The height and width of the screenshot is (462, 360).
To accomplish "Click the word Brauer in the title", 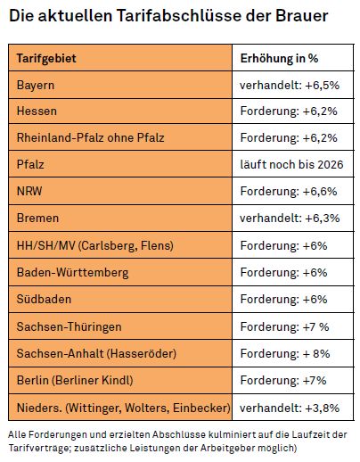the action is [x=302, y=15].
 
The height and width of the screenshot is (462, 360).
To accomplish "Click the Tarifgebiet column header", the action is [x=46, y=58].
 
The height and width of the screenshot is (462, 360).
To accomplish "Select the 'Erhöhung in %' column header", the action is [x=279, y=58].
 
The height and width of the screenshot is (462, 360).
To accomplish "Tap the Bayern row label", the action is [x=36, y=86].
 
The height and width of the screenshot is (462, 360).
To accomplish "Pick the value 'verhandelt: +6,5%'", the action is [x=290, y=86].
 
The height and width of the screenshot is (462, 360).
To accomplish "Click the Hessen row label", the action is [x=37, y=111].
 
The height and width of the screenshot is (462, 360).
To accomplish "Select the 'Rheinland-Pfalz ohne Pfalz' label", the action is [x=91, y=137].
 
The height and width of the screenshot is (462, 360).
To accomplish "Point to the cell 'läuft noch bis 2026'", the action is [x=291, y=164].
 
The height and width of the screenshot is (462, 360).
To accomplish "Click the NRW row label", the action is [x=29, y=191].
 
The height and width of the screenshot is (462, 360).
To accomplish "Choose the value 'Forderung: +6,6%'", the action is [x=289, y=191].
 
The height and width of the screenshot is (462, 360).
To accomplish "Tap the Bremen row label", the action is [x=37, y=218].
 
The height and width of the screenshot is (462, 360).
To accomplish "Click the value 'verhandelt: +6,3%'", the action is [x=290, y=219].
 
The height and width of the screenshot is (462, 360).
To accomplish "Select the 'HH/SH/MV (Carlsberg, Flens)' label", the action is [x=95, y=245].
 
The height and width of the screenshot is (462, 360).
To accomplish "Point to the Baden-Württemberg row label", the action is [x=73, y=273].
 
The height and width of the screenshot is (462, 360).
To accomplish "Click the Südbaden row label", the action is [x=44, y=299].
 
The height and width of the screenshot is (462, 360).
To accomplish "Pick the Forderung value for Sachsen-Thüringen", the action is [x=284, y=327].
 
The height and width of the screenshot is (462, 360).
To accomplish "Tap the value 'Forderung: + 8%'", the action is [x=285, y=354].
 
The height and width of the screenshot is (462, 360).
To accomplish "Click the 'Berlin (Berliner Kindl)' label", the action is [x=75, y=380].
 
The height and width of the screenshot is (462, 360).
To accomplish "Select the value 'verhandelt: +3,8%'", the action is [x=290, y=408].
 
